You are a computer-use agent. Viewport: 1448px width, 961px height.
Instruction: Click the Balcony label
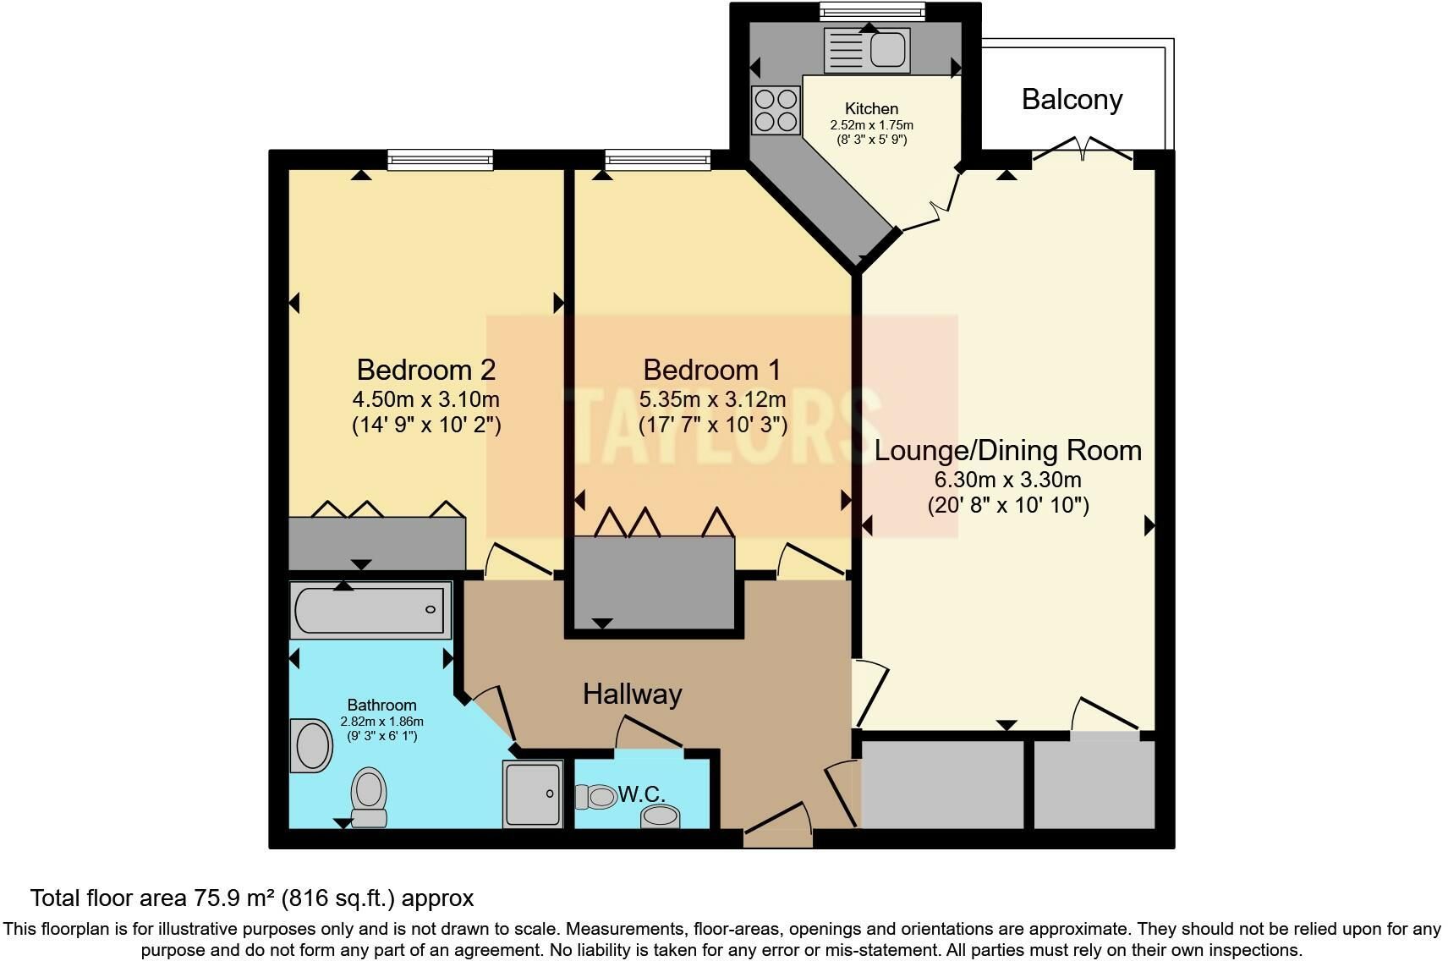1072,100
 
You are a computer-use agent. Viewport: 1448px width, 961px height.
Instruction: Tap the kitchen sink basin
887,50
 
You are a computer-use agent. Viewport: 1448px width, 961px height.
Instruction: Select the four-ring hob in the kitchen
776,111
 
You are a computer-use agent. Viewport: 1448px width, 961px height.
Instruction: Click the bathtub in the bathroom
370,610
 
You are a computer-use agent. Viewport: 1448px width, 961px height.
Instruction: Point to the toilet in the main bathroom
369,797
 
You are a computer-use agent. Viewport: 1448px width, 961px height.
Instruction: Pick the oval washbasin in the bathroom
311,745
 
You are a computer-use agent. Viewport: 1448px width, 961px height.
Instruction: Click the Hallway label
632,695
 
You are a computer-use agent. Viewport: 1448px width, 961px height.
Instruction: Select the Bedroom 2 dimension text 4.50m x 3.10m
426,399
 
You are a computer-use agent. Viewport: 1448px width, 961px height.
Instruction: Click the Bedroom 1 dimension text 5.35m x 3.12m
712,399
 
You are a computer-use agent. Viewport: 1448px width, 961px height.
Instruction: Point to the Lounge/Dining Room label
1008,451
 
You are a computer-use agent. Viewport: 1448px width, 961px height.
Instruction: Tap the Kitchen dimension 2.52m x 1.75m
871,125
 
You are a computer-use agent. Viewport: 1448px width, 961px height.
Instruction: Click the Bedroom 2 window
440,159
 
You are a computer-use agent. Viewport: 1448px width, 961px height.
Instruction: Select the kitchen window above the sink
872,12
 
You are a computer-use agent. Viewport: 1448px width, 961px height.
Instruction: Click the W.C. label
641,794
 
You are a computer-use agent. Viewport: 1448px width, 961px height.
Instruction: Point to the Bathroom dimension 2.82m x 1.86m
382,722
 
